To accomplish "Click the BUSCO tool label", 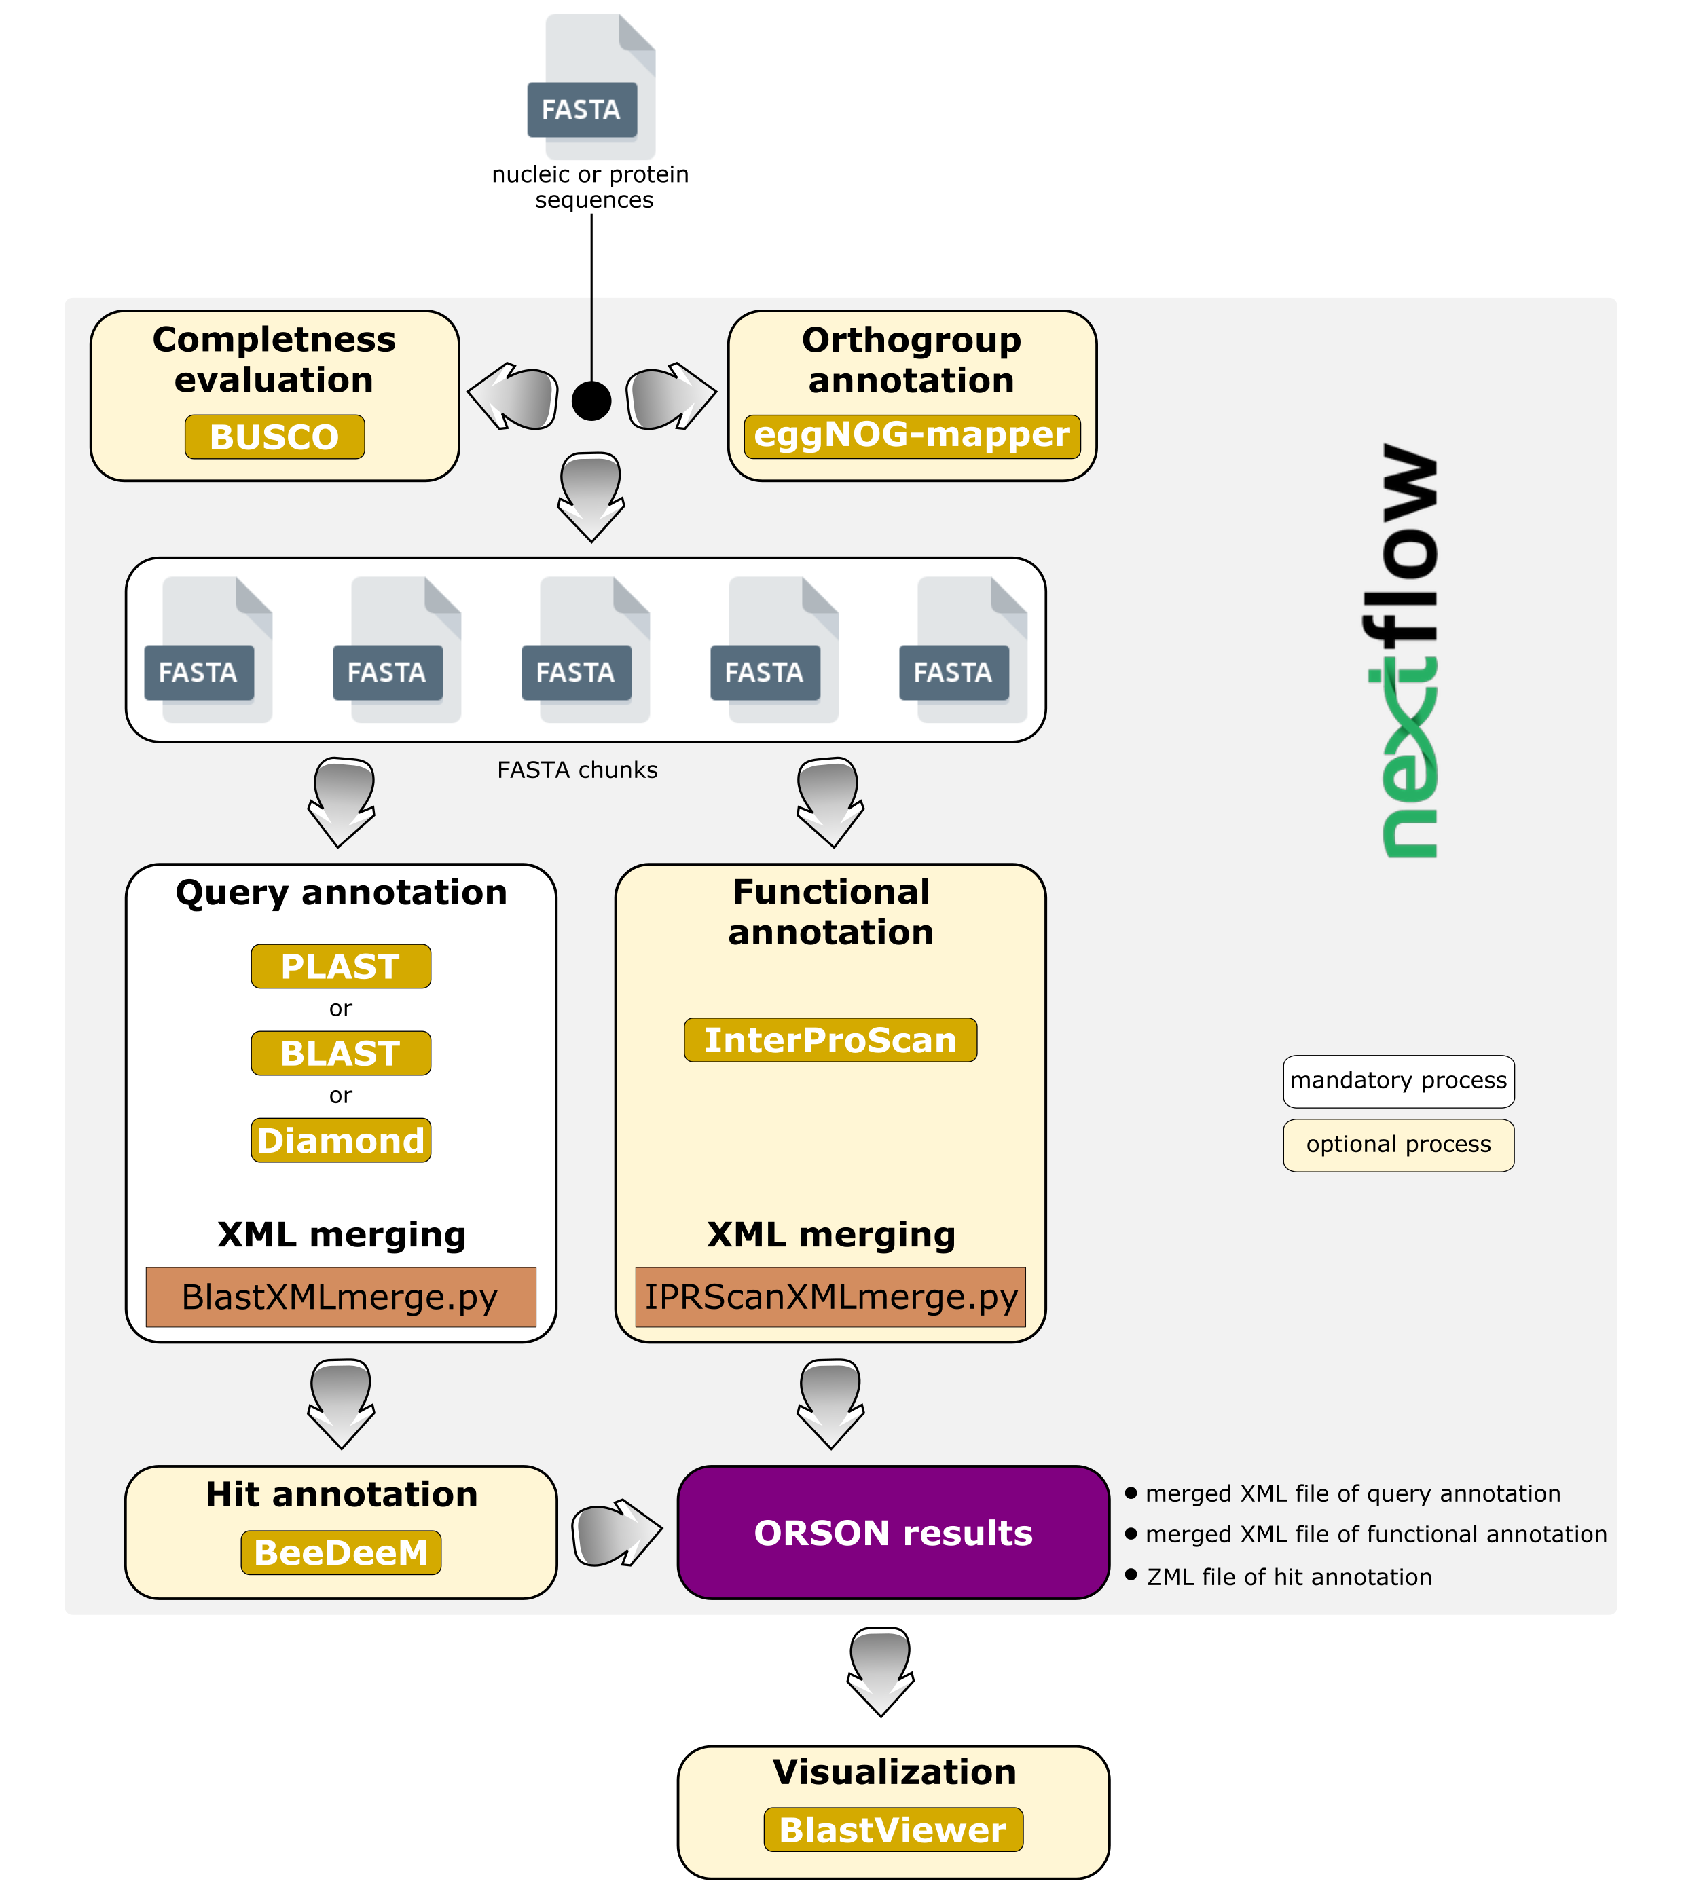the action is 274,437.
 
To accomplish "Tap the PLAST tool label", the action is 341,967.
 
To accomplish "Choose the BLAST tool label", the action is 341,1054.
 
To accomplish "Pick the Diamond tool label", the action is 341,1140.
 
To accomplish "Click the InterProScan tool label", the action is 830,1039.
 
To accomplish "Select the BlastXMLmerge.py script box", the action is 341,1297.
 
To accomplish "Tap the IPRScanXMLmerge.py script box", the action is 830,1297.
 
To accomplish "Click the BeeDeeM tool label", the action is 341,1553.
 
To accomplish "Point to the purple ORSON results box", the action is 894,1533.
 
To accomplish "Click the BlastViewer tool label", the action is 894,1830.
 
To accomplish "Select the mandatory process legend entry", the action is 1398,1081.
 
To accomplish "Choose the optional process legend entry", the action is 1398,1145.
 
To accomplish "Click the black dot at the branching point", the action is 591,401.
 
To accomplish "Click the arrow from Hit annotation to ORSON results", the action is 617,1533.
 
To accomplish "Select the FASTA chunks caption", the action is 577,770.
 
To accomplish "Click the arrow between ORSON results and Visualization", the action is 881,1673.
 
